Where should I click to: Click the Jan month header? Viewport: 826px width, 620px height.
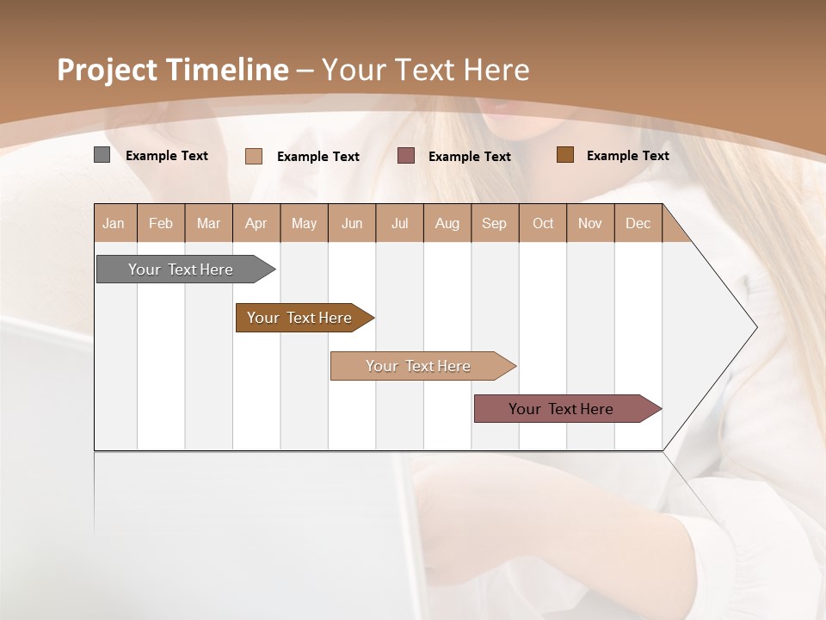(114, 223)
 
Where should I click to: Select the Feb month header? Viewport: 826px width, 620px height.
(161, 223)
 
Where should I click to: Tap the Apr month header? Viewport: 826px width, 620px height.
(256, 223)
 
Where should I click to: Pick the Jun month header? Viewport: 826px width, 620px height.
(352, 223)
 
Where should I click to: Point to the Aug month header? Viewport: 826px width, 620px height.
(447, 223)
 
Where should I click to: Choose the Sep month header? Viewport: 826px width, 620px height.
(494, 223)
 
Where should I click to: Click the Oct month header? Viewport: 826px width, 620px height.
(543, 223)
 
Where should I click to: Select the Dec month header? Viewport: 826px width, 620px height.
(638, 223)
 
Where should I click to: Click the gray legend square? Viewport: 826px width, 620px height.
(102, 155)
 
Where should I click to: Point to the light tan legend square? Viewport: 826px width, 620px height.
(254, 156)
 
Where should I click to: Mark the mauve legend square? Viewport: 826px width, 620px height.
(406, 155)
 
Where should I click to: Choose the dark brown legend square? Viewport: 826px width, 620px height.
(564, 154)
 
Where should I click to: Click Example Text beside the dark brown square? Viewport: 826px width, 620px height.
(627, 155)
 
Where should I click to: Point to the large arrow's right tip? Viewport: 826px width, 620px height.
(755, 327)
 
